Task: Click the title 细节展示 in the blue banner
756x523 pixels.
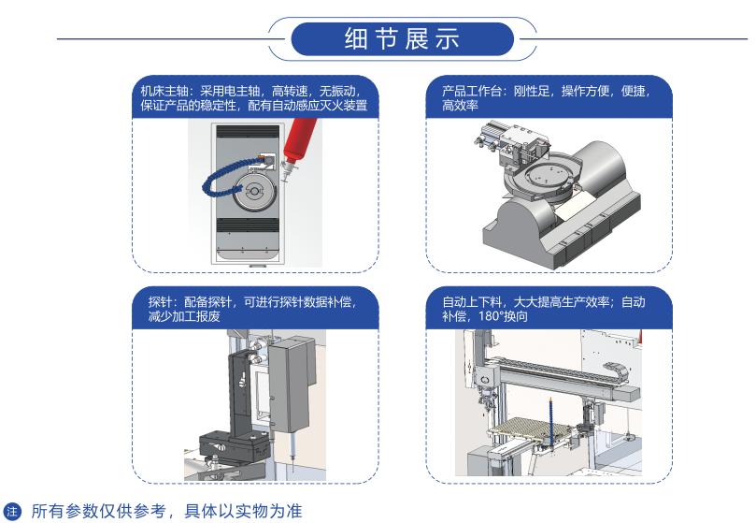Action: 402,39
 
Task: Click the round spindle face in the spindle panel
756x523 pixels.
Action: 254,192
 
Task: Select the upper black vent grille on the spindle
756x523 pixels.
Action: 248,131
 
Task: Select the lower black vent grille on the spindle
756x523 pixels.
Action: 248,225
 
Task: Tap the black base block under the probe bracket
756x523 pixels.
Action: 235,447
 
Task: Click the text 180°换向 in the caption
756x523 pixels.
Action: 504,317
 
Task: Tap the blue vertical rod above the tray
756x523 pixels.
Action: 550,422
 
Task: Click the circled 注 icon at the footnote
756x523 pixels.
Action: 12,512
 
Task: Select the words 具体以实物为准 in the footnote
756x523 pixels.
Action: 244,511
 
